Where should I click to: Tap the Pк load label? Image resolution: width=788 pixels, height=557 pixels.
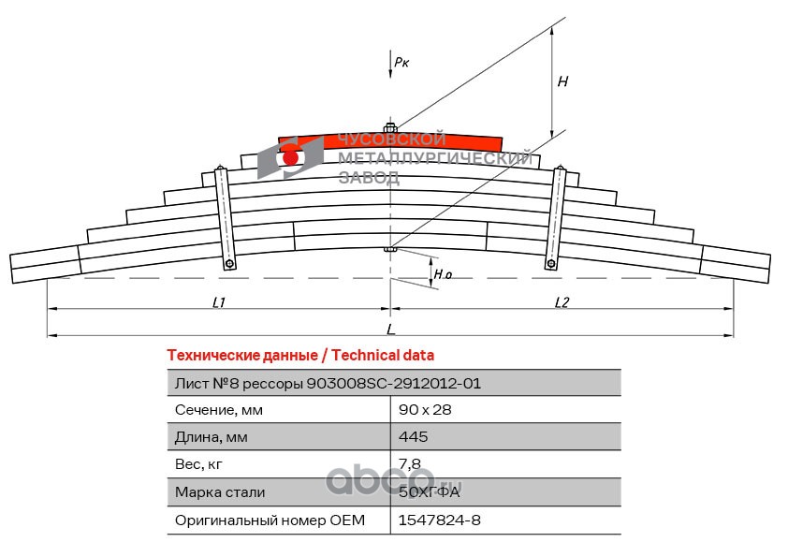pos(401,63)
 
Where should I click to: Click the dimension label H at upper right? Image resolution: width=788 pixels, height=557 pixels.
pos(562,81)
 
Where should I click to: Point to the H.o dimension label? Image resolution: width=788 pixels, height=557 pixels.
pos(443,274)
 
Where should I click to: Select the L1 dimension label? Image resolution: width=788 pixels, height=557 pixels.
pos(219,302)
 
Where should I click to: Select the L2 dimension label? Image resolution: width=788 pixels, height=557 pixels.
pos(562,302)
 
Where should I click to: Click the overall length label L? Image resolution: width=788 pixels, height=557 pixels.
pos(391,330)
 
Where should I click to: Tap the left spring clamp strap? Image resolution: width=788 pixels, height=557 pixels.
pos(225,218)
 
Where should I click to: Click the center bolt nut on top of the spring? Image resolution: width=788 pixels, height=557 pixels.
pos(390,127)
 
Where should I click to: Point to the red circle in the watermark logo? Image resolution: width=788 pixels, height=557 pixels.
pos(290,158)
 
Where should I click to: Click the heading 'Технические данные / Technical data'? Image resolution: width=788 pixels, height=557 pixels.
pos(300,356)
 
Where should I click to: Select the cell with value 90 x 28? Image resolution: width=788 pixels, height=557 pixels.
pos(425,410)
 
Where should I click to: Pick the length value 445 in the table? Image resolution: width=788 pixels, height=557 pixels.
pos(413,436)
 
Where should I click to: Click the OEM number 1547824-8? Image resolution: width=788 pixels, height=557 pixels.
pos(439,520)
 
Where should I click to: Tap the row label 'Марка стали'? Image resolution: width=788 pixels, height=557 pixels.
pos(220,492)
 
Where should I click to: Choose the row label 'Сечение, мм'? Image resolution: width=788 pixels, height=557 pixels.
pos(219,410)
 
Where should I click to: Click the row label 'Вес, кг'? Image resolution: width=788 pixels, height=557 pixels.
pos(198,464)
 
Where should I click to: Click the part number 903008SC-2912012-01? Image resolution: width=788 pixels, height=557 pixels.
pos(393,384)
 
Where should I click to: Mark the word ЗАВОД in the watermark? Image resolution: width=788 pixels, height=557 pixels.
pos(369,177)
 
